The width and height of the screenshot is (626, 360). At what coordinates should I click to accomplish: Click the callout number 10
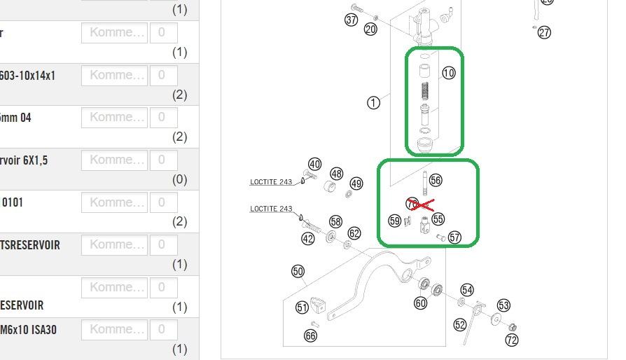[449, 73]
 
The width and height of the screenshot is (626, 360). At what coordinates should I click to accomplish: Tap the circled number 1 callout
[373, 102]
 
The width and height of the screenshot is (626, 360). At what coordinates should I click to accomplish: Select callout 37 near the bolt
[352, 20]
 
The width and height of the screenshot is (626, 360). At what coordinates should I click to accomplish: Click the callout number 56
[436, 180]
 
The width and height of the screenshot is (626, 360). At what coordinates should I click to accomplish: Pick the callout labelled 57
[455, 237]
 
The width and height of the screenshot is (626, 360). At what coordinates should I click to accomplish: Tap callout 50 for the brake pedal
[298, 272]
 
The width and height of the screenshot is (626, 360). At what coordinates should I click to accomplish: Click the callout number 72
[512, 340]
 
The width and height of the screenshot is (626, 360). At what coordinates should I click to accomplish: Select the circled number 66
[311, 335]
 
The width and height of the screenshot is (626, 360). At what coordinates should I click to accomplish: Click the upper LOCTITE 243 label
[271, 182]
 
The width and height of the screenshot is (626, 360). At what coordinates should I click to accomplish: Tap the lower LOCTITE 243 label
[271, 209]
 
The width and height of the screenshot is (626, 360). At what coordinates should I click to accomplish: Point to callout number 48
[337, 174]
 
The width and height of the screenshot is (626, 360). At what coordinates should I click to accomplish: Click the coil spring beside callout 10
[424, 91]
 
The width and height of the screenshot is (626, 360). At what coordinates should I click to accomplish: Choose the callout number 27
[544, 32]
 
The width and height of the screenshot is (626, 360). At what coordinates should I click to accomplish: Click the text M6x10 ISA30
[28, 329]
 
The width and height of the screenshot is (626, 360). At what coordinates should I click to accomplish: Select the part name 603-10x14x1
[27, 75]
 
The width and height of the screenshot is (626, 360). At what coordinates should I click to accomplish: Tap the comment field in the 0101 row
[114, 202]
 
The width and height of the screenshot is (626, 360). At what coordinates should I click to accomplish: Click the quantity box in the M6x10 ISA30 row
[163, 329]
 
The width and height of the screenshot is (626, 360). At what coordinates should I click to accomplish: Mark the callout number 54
[467, 290]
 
